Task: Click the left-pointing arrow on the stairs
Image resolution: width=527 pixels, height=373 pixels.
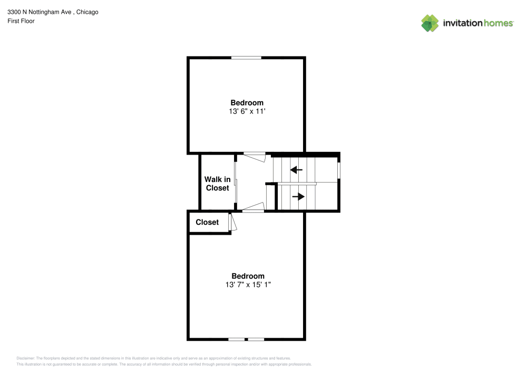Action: [296, 170]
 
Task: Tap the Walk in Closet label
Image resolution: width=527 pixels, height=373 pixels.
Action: [217, 184]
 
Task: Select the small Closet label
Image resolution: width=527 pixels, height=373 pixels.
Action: [207, 222]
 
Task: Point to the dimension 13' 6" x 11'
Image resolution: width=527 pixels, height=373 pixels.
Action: [247, 111]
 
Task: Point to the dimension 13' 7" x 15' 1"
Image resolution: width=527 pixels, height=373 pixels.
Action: [248, 285]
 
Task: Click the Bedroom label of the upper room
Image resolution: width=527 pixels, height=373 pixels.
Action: [247, 102]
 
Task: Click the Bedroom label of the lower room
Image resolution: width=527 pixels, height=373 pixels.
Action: [248, 276]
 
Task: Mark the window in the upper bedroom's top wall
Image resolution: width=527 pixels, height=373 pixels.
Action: [247, 58]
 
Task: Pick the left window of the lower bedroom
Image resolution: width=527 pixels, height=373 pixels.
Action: [236, 339]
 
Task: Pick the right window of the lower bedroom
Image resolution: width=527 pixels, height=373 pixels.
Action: [256, 339]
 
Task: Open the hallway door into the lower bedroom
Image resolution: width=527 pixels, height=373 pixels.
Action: [253, 208]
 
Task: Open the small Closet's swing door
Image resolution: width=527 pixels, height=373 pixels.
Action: [232, 222]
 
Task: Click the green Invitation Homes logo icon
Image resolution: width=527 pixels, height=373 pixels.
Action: [430, 23]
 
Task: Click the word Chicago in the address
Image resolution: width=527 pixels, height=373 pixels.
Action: [86, 12]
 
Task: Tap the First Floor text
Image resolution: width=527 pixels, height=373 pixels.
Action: [21, 21]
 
